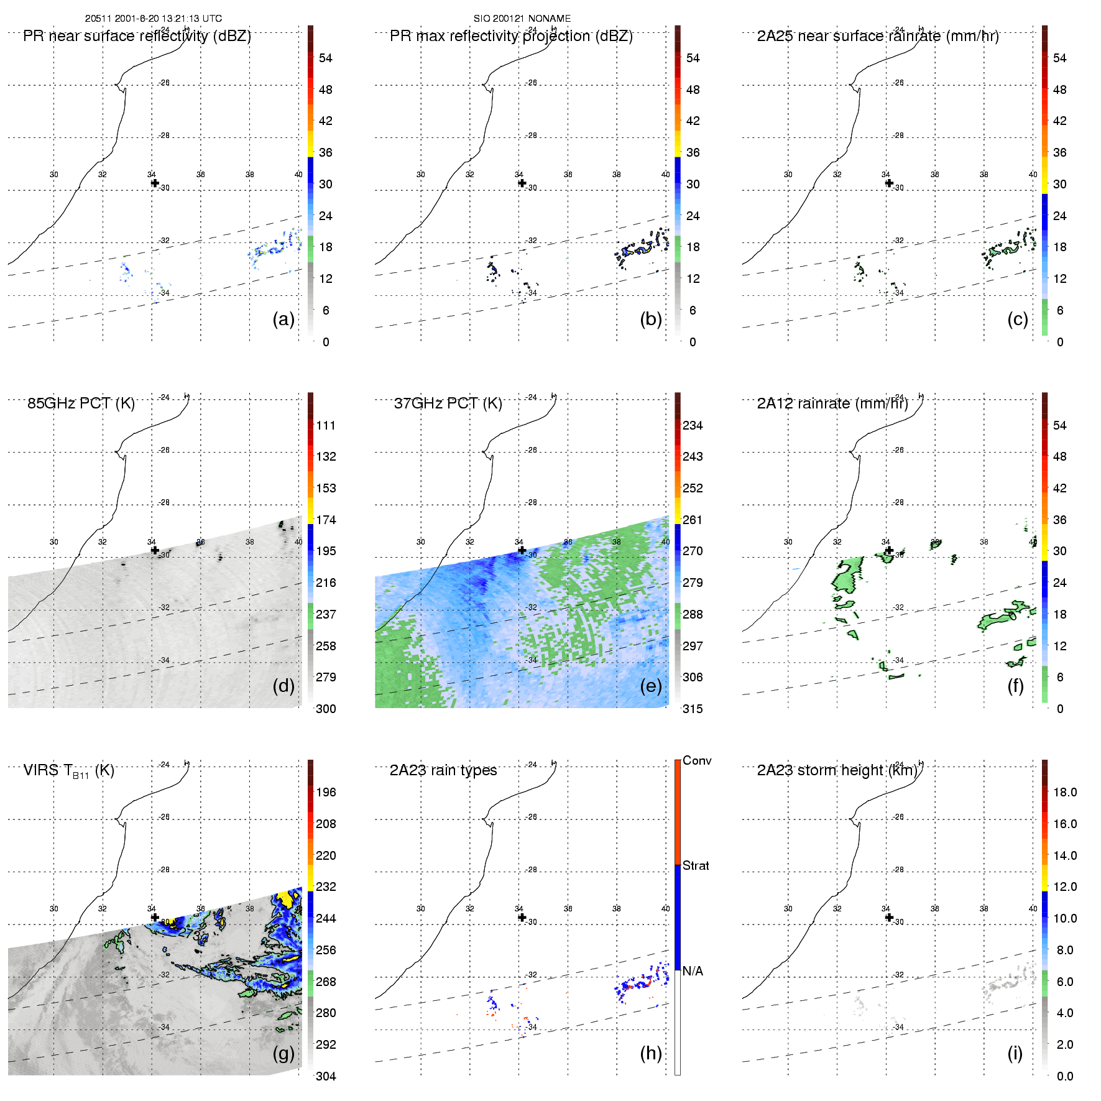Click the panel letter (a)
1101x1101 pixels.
[x=283, y=320]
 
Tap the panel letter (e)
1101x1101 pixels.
[x=650, y=686]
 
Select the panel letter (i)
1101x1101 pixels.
[x=1015, y=1053]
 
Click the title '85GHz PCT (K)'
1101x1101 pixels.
[x=81, y=403]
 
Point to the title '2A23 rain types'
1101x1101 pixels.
[x=443, y=770]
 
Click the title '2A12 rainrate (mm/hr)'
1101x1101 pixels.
[x=832, y=403]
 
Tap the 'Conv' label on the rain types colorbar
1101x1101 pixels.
[x=697, y=761]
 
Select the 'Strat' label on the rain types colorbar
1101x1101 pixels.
[x=696, y=865]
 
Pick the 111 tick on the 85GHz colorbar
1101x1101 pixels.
[x=326, y=425]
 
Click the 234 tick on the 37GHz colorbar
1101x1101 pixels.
[x=693, y=425]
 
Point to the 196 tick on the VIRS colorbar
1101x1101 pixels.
[x=326, y=792]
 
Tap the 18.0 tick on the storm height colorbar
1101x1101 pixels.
[x=1065, y=792]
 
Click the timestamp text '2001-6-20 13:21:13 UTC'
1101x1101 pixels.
[x=168, y=19]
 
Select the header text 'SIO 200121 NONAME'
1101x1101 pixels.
[x=522, y=19]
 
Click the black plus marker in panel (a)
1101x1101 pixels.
[x=155, y=183]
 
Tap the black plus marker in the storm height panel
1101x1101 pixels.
[x=889, y=917]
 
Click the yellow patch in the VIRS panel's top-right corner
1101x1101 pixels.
[x=287, y=899]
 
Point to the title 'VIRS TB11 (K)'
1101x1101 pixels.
[x=68, y=771]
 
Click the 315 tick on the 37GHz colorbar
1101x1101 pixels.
[x=693, y=709]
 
